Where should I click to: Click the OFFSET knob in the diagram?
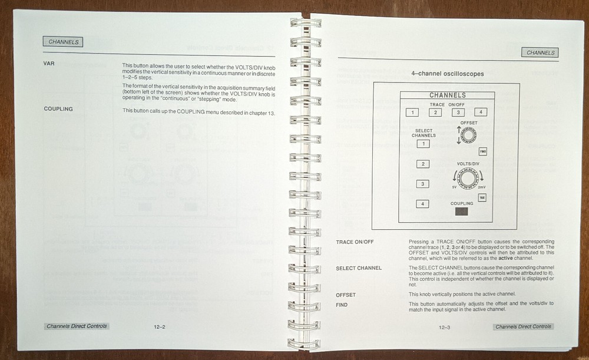[x=468, y=136]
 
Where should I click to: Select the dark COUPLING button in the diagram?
[x=462, y=212]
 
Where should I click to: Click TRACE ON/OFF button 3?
[x=452, y=112]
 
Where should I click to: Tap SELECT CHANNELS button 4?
[x=422, y=204]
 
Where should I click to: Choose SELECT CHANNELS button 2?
[x=422, y=164]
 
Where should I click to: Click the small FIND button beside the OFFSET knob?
[x=482, y=151]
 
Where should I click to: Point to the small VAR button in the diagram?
[x=482, y=198]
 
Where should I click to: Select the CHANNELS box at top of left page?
[x=63, y=42]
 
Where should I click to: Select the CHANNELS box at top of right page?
[x=540, y=52]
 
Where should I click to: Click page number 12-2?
[x=158, y=326]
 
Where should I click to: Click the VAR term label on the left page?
[x=49, y=64]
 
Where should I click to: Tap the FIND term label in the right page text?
[x=342, y=305]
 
